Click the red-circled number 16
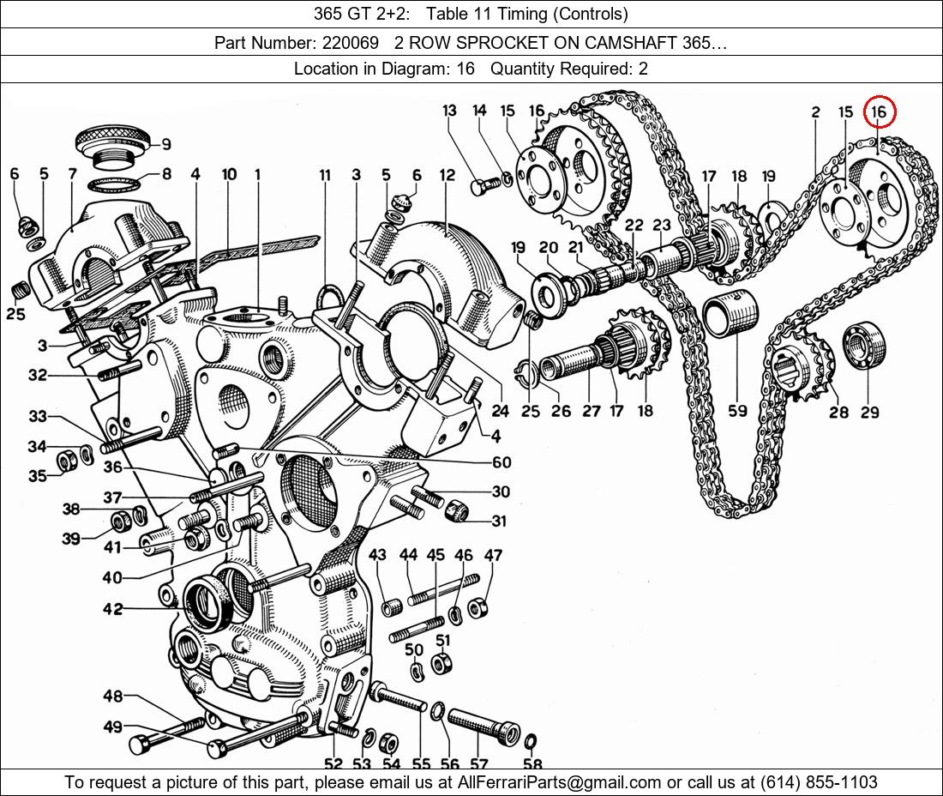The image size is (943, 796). pyautogui.click(x=879, y=112)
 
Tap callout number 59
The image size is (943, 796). pyautogui.click(x=737, y=411)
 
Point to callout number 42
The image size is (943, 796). pyautogui.click(x=112, y=609)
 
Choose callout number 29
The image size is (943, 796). pyautogui.click(x=869, y=413)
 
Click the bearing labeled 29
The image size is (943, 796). pyautogui.click(x=868, y=345)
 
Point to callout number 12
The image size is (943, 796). pyautogui.click(x=447, y=176)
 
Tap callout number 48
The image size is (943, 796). pyautogui.click(x=112, y=696)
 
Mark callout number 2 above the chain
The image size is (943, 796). pyautogui.click(x=815, y=112)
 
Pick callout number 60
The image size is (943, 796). pyautogui.click(x=502, y=463)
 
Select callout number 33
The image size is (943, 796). pyautogui.click(x=38, y=417)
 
